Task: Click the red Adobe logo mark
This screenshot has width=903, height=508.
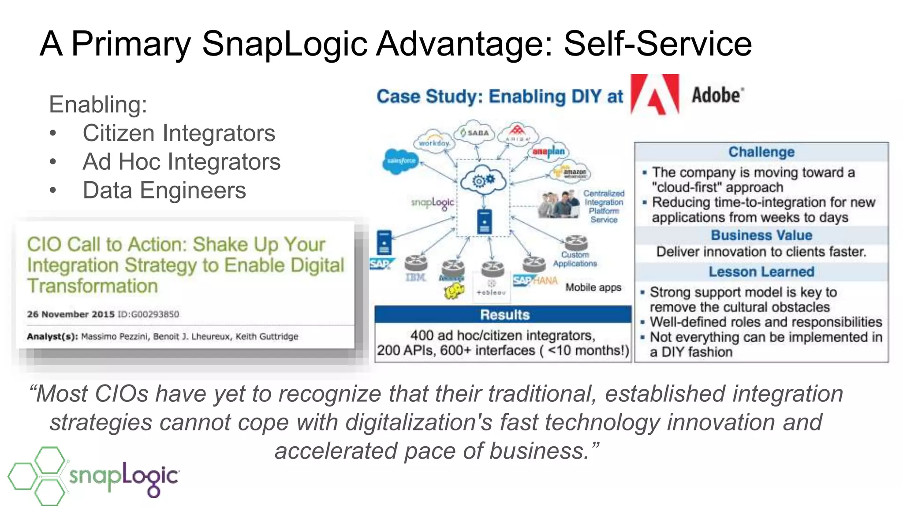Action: [x=654, y=94]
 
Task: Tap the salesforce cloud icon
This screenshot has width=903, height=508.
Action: [x=400, y=161]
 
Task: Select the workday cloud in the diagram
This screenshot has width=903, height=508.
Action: [x=434, y=142]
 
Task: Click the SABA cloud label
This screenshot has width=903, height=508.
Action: [x=475, y=132]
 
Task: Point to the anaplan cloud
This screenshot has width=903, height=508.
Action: [x=548, y=152]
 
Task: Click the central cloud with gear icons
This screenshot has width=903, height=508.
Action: [x=483, y=180]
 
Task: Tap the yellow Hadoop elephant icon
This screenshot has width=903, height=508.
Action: [x=454, y=291]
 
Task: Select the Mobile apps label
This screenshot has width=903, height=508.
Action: [x=593, y=288]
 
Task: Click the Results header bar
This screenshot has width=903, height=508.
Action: [x=504, y=315]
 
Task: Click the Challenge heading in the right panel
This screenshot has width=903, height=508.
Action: [x=761, y=152]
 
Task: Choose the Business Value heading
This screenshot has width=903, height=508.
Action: [x=761, y=235]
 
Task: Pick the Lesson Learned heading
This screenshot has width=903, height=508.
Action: [x=761, y=272]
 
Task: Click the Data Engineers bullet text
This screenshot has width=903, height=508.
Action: [x=164, y=190]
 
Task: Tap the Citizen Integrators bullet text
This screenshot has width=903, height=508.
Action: [x=179, y=133]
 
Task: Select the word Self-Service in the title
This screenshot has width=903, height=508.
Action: [x=657, y=44]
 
